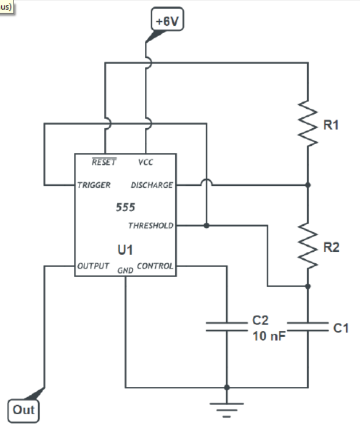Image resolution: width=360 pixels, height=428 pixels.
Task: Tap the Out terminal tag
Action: point(24,409)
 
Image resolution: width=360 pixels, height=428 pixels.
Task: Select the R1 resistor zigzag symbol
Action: point(308,125)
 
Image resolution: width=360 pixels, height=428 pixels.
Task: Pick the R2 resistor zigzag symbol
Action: point(308,247)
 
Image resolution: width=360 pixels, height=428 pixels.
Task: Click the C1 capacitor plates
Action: point(308,327)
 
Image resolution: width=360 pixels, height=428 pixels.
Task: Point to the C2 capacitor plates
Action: point(227,327)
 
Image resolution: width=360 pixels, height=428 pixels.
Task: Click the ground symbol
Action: point(227,407)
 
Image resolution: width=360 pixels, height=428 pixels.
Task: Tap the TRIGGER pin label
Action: point(94,185)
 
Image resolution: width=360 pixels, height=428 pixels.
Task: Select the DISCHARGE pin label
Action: point(152,185)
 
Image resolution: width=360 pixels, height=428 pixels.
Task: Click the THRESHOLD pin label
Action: point(151,225)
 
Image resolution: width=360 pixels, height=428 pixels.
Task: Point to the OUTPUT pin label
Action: point(93,266)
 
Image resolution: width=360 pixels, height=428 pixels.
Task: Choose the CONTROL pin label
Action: point(155,266)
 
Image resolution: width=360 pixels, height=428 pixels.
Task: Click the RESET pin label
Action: point(104,162)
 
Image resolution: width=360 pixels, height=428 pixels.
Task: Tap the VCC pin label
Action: point(145,162)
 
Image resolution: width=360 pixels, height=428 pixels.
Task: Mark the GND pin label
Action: point(125,270)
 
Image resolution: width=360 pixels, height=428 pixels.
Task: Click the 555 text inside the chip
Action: point(125,207)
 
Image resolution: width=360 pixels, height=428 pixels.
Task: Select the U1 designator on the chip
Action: point(125,249)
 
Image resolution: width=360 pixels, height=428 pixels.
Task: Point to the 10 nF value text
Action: point(268,337)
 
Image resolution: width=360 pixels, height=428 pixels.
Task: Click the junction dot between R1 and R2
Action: point(308,185)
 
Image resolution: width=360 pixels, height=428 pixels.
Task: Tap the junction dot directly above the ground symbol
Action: point(227,387)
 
